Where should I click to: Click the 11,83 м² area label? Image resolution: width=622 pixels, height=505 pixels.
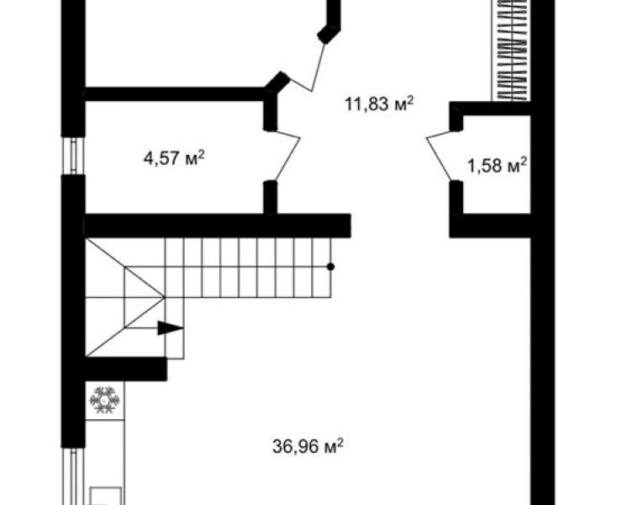click(379, 104)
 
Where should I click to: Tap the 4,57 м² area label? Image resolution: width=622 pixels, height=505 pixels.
click(174, 158)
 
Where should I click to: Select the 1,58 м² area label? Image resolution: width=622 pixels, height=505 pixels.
click(498, 165)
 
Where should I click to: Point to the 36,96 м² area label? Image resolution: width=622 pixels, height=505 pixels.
click(308, 446)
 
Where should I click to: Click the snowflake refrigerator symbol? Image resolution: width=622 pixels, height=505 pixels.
click(104, 400)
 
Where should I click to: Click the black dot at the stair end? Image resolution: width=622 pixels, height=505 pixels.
click(330, 267)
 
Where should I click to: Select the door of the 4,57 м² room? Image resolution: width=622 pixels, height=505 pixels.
click(287, 156)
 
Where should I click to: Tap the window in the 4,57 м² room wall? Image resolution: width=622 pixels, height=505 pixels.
click(73, 156)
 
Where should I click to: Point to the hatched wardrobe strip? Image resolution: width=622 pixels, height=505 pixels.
click(511, 50)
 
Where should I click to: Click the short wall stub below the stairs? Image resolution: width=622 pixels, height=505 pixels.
click(126, 369)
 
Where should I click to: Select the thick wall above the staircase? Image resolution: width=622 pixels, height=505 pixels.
click(218, 226)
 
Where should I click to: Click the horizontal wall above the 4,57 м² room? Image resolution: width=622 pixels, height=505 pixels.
click(175, 93)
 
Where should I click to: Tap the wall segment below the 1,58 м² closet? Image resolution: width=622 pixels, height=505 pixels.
click(490, 226)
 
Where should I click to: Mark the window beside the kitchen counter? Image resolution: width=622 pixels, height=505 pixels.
click(73, 476)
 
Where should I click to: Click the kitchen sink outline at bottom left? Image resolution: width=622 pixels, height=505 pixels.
click(106, 497)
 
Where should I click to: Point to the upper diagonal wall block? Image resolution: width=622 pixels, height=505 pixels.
click(329, 34)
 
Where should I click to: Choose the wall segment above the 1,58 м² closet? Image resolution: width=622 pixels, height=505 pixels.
click(490, 109)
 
